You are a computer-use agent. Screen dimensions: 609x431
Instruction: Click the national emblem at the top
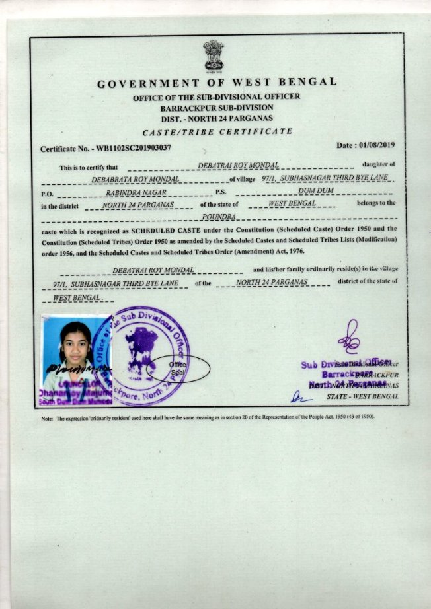click(x=214, y=56)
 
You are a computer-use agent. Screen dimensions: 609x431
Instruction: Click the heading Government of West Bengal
click(x=217, y=83)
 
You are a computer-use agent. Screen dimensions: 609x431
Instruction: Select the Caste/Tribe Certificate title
click(x=217, y=131)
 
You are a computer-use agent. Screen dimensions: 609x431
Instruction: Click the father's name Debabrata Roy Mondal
click(x=135, y=180)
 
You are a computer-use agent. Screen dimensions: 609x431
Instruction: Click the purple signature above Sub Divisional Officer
click(x=348, y=336)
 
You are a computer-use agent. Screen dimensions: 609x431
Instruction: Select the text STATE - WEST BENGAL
click(x=362, y=396)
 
